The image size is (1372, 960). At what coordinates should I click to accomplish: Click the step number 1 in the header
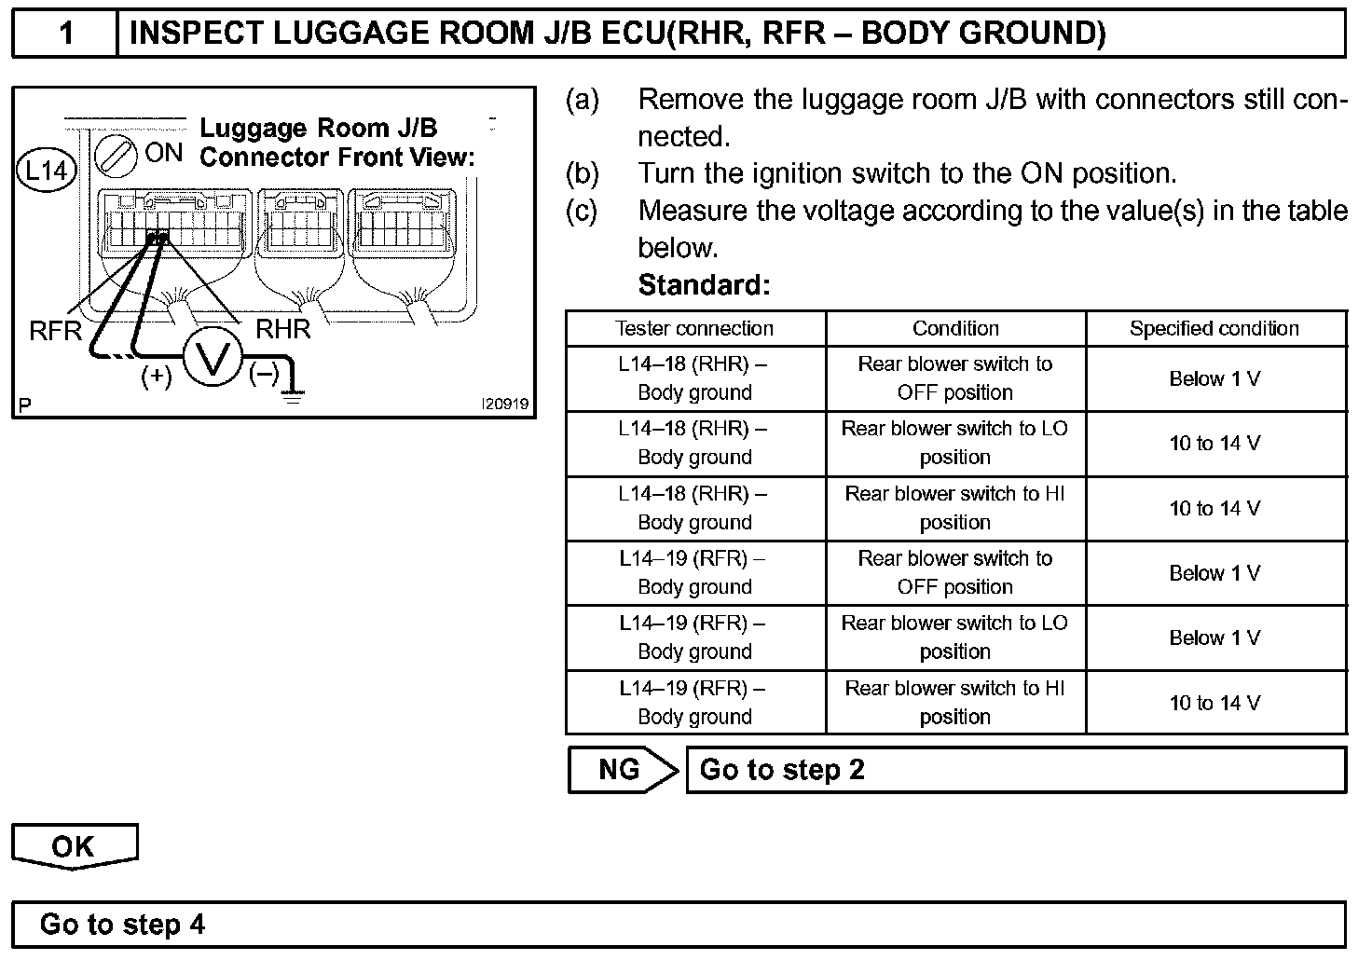coord(65,34)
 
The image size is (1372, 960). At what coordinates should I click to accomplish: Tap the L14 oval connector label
coord(47,171)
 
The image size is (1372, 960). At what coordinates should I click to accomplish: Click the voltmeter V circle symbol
coord(213,359)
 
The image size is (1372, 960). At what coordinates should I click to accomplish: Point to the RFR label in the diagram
coord(56,331)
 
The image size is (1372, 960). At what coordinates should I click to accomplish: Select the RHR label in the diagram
coord(282,329)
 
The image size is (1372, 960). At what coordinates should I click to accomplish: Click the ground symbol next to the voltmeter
coord(294,395)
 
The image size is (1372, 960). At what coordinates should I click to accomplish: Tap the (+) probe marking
coord(157,376)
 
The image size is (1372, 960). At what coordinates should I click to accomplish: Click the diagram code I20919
coord(504,405)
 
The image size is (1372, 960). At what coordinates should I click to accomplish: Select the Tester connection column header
coord(694,329)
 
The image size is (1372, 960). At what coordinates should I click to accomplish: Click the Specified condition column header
coord(1214,329)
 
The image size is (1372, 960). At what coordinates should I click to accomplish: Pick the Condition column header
coord(955,329)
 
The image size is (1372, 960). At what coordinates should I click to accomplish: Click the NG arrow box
coord(622,770)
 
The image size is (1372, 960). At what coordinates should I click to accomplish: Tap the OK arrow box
coord(74,845)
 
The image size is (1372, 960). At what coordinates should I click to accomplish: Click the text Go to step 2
coord(782,770)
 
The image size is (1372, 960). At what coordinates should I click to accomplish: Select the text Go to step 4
coord(122,925)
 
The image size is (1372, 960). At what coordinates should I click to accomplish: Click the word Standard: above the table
coord(704,284)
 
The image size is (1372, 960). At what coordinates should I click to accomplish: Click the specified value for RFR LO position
coord(1214,638)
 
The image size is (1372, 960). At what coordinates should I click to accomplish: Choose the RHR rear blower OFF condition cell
coord(955,378)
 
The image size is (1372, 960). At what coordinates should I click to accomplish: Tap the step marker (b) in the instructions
coord(583,173)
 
